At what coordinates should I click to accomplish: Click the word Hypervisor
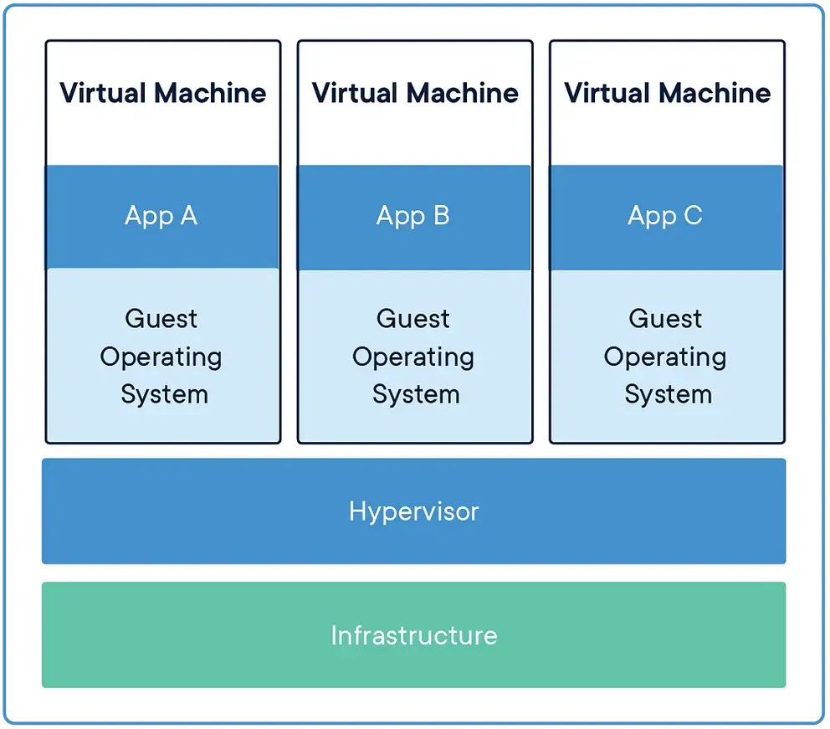(414, 512)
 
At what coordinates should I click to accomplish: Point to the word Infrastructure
(414, 635)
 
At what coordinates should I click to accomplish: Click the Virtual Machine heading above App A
(163, 93)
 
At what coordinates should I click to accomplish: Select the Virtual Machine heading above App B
(415, 93)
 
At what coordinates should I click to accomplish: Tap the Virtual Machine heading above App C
(668, 93)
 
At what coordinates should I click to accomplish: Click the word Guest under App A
(161, 319)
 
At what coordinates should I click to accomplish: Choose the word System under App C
(668, 395)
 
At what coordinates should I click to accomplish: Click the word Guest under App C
(665, 319)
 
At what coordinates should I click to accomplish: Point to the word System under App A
(164, 395)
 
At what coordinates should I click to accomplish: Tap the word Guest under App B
(412, 319)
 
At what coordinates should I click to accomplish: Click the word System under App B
(416, 395)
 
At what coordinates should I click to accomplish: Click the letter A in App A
(189, 215)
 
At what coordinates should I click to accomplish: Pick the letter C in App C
(694, 215)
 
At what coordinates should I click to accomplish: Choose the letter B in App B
(442, 215)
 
